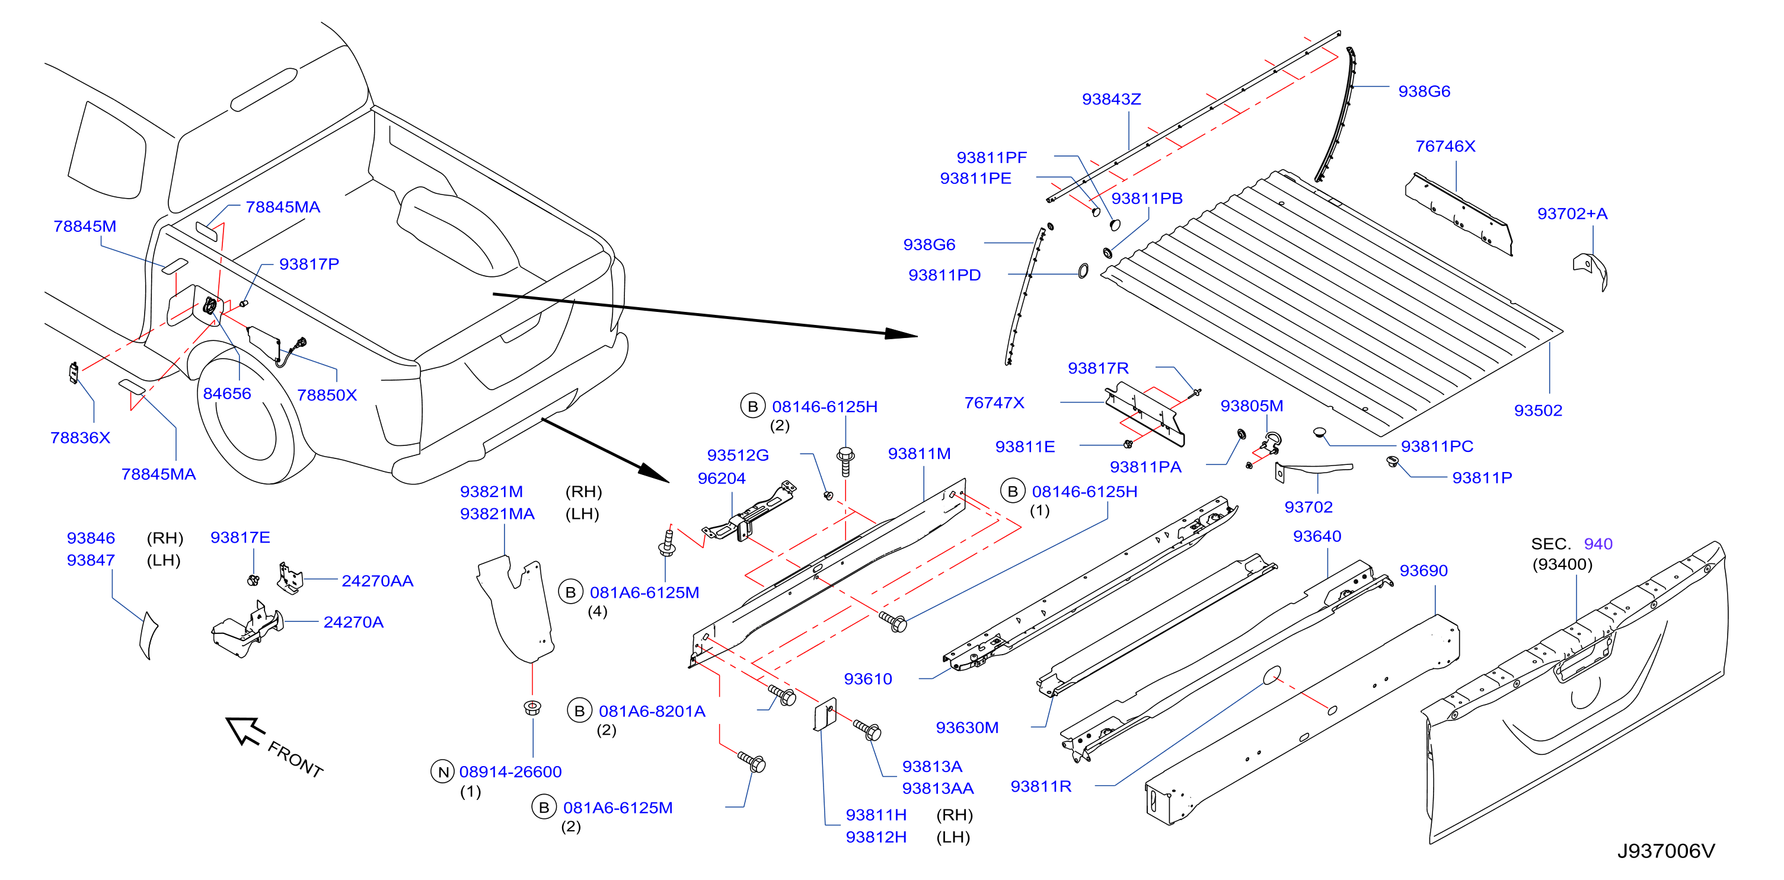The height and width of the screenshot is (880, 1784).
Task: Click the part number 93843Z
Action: click(1111, 99)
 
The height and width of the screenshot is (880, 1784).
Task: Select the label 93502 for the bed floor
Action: click(1538, 410)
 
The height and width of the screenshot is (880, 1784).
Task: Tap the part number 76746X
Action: click(1445, 146)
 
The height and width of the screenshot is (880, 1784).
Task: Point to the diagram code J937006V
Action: click(1666, 851)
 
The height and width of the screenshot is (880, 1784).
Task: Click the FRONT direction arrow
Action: click(245, 731)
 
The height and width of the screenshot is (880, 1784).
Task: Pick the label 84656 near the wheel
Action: click(227, 394)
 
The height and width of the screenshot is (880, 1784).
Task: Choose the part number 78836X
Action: click(80, 438)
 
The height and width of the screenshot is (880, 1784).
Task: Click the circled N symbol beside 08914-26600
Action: click(442, 771)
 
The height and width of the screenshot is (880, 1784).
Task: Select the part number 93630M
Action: click(967, 728)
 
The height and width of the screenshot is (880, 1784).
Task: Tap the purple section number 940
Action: click(1598, 544)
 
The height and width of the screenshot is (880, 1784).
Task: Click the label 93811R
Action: click(1041, 786)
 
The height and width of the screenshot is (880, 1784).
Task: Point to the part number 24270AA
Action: click(378, 581)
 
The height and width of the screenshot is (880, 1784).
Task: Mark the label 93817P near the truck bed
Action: click(309, 264)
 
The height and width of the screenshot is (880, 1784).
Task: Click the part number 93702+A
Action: click(1572, 213)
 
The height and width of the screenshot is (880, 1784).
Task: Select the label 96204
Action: click(722, 478)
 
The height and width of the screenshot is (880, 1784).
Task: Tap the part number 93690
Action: click(1424, 570)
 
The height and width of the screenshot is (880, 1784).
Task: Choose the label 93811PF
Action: click(992, 157)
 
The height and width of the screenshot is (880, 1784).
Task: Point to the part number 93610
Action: click(868, 679)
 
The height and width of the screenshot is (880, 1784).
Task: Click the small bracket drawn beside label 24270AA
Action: click(290, 578)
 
